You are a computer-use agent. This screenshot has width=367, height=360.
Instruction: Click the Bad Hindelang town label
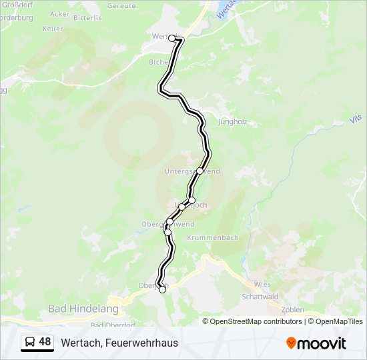(83, 309)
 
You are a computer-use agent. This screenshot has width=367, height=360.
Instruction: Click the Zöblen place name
(292, 309)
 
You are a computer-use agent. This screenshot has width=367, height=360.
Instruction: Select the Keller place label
(53, 29)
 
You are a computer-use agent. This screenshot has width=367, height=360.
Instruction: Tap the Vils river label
(354, 119)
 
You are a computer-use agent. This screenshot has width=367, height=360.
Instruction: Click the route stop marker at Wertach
(172, 38)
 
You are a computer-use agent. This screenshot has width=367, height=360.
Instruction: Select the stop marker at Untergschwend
(200, 171)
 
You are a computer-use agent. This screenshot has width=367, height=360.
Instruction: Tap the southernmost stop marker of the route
(162, 289)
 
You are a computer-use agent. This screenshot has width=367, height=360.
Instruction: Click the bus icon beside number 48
(30, 342)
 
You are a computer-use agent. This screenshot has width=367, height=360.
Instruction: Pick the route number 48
(45, 342)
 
